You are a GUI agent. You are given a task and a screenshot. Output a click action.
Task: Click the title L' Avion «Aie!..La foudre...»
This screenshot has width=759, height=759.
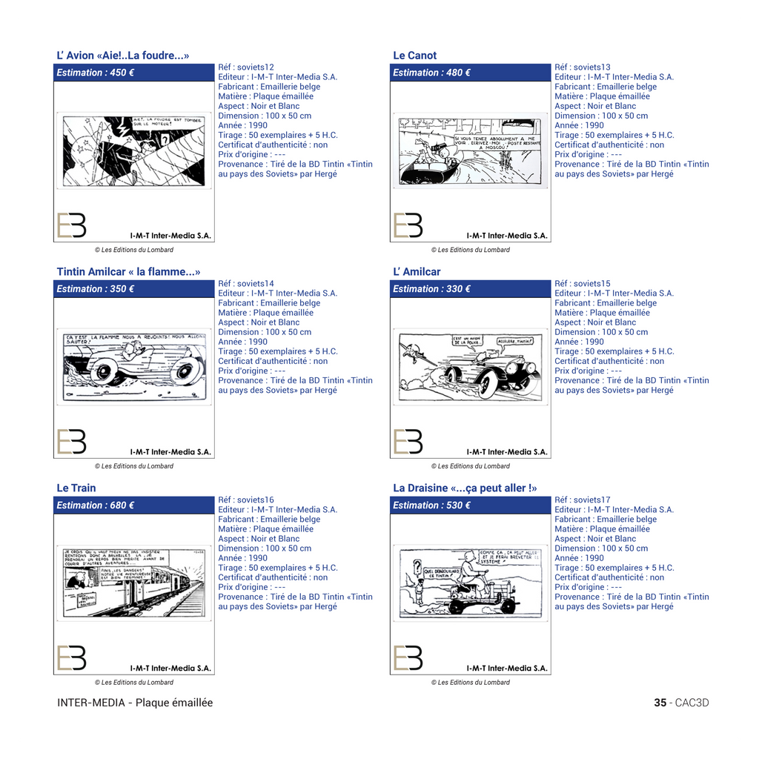pyautogui.click(x=123, y=56)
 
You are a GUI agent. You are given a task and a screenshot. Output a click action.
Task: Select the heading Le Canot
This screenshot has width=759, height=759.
pyautogui.click(x=415, y=56)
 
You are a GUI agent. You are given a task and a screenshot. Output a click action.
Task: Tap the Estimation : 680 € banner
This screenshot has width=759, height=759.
pyautogui.click(x=134, y=506)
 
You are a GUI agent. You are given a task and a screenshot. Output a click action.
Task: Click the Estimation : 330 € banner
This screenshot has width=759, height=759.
pyautogui.click(x=470, y=289)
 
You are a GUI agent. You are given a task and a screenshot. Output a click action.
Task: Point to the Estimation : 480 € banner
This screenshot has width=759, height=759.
pyautogui.click(x=470, y=73)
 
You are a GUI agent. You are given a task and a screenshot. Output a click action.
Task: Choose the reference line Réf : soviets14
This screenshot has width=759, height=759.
pyautogui.click(x=246, y=284)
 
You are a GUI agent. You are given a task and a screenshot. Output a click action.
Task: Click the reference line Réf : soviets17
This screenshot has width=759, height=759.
pyautogui.click(x=583, y=500)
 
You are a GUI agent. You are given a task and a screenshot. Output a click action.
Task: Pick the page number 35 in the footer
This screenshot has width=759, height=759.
pyautogui.click(x=660, y=703)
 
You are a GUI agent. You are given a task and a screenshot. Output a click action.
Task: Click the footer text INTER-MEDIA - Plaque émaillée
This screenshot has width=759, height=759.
pyautogui.click(x=135, y=703)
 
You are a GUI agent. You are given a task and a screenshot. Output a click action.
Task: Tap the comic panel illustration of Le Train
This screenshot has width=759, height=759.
pyautogui.click(x=134, y=583)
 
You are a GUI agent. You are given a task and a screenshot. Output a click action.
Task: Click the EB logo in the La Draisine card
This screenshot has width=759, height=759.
pyautogui.click(x=408, y=657)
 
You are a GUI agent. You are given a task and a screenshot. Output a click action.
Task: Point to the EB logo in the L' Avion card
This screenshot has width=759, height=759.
pyautogui.click(x=72, y=225)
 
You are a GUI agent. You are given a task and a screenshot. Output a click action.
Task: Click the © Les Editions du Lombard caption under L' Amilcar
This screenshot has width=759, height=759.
pyautogui.click(x=471, y=466)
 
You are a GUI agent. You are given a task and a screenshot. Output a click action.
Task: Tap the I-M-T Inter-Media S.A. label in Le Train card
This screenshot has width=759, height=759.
pyautogui.click(x=170, y=668)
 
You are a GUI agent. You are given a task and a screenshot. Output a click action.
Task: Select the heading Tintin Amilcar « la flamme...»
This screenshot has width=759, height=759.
pyautogui.click(x=128, y=272)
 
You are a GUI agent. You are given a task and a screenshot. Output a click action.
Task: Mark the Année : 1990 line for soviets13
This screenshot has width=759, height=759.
pyautogui.click(x=579, y=125)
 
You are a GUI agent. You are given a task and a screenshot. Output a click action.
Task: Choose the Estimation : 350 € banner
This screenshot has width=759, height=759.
pyautogui.click(x=134, y=289)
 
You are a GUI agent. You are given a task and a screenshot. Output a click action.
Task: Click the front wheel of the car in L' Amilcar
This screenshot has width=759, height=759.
pyautogui.click(x=487, y=384)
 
